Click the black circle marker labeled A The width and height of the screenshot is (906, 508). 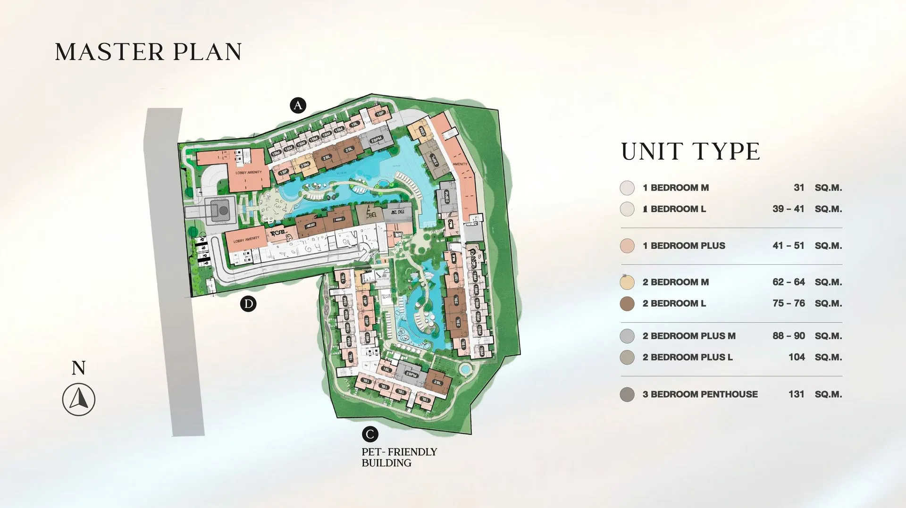click(x=298, y=105)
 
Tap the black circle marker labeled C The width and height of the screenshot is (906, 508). click(x=370, y=434)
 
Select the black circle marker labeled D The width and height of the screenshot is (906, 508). click(x=248, y=303)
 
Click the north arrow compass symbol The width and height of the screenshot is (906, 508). click(x=79, y=400)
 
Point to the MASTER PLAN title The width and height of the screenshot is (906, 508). click(x=148, y=52)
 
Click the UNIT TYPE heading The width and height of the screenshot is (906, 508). click(x=690, y=152)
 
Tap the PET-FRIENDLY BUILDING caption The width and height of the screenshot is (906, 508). click(x=399, y=457)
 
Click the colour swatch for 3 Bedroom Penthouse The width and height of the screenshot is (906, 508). click(x=627, y=394)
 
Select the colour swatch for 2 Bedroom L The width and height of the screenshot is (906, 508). click(x=627, y=304)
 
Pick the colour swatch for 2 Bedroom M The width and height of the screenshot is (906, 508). click(x=627, y=282)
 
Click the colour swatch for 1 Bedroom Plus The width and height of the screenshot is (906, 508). click(x=627, y=246)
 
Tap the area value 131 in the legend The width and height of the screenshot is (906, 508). click(x=796, y=394)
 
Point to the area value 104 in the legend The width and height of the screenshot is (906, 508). click(x=797, y=358)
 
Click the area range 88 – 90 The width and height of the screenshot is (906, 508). click(x=789, y=336)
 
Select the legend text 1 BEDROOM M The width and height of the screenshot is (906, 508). click(x=675, y=188)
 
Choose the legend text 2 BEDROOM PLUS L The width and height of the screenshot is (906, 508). click(x=687, y=358)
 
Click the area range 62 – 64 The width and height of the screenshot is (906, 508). click(x=789, y=282)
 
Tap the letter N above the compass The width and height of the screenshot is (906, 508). click(x=78, y=368)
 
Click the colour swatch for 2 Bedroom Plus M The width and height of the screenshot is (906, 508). click(x=627, y=336)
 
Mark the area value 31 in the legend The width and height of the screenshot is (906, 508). click(x=799, y=188)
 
